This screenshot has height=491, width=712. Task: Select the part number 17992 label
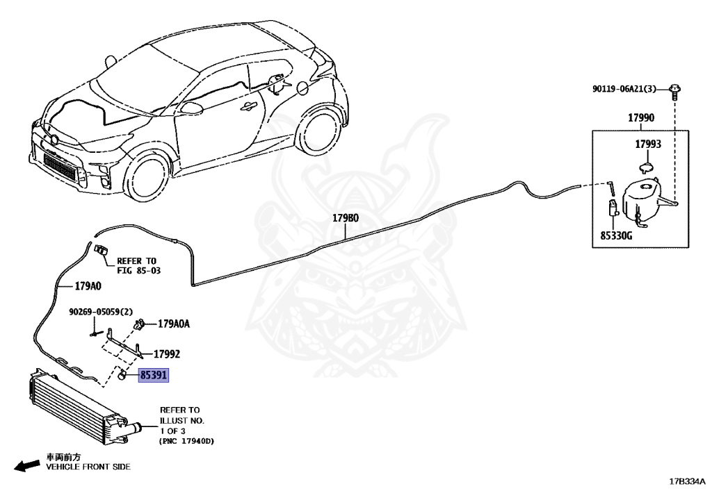click(x=167, y=353)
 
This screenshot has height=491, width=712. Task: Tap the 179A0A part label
click(x=174, y=323)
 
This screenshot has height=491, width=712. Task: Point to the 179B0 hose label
click(x=346, y=217)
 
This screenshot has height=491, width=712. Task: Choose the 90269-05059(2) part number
click(x=101, y=312)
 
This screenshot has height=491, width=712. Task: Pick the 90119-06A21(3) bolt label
click(x=624, y=89)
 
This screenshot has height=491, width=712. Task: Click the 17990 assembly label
click(x=641, y=118)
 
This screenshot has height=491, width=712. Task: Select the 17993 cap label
click(x=647, y=144)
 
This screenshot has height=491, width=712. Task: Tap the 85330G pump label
click(x=616, y=235)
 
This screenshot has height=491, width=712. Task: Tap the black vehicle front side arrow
click(x=26, y=465)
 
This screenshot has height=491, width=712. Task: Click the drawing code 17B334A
click(x=687, y=481)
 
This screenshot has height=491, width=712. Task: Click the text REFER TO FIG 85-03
click(x=138, y=265)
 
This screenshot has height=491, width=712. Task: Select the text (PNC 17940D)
click(x=186, y=440)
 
